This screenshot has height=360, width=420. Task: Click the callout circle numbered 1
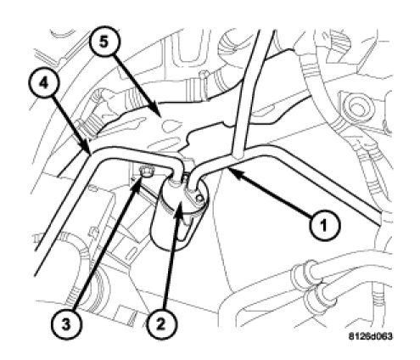(x=324, y=226)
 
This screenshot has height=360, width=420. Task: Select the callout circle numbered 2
(x=160, y=323)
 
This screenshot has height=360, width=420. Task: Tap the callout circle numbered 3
(x=65, y=324)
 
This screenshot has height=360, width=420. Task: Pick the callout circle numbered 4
(x=43, y=83)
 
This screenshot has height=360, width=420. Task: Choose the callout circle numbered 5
(x=104, y=42)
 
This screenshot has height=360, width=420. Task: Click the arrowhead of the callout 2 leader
(x=178, y=210)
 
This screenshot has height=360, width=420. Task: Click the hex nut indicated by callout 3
(x=145, y=171)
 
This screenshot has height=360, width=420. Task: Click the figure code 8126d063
(x=370, y=336)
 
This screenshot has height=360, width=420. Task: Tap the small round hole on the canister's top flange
(x=199, y=198)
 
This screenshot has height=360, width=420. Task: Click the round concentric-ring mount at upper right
(x=359, y=109)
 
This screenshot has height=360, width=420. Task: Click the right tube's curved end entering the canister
(x=193, y=181)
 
